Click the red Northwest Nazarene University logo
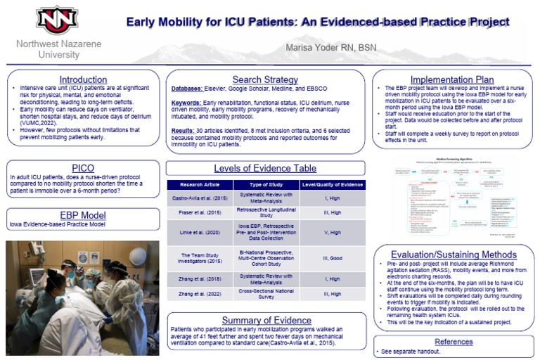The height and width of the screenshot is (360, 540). click(x=58, y=20)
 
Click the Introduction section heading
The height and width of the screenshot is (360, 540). click(x=82, y=79)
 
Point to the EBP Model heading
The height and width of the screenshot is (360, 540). click(x=82, y=214)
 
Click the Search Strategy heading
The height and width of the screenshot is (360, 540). click(x=265, y=79)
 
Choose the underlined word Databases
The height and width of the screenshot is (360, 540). click(x=186, y=89)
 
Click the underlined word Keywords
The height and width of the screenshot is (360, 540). click(x=186, y=103)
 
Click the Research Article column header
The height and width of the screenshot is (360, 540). click(x=206, y=185)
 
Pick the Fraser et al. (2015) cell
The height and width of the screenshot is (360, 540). click(x=206, y=212)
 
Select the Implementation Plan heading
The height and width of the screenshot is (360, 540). click(x=453, y=79)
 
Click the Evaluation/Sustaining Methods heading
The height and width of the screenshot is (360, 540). click(x=453, y=254)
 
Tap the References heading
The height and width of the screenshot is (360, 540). click(x=454, y=341)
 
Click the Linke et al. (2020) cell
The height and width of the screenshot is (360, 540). click(x=206, y=232)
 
